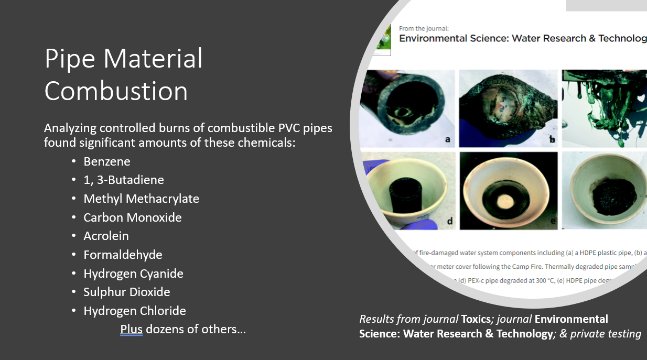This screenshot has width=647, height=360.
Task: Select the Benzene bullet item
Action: coord(107,161)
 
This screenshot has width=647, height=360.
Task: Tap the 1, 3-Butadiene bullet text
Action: coord(124,180)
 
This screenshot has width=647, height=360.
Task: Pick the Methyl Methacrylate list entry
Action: coord(141,199)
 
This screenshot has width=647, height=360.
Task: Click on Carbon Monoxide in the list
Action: coord(133,217)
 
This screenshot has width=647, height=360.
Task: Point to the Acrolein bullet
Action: coord(106,236)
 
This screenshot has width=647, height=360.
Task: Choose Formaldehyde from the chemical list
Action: coord(123,255)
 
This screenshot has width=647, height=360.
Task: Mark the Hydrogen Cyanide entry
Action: coord(133,274)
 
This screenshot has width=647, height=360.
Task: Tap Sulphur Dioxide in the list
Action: coord(127,292)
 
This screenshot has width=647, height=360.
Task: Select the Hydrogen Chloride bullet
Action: coord(135,311)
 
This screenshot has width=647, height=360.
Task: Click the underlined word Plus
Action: coord(131,330)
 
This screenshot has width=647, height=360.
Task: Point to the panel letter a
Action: coord(447,139)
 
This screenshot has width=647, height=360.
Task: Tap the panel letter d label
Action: coord(449,222)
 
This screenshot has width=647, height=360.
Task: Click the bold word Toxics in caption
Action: coord(474,319)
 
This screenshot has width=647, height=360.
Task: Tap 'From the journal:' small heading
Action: coord(424,29)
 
